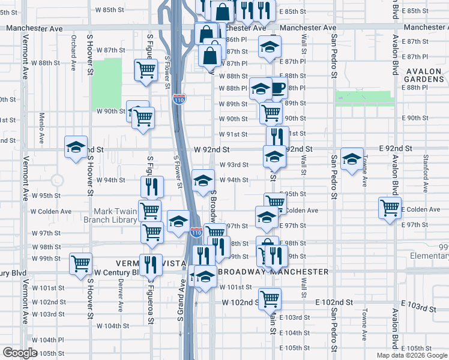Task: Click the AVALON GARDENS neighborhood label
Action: (x=424, y=76)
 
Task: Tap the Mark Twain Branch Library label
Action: (x=115, y=215)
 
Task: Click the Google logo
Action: (x=20, y=353)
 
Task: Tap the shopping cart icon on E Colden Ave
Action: (x=390, y=208)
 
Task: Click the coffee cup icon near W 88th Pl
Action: (x=277, y=88)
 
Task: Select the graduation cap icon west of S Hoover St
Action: (x=76, y=148)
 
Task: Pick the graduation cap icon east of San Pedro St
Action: (x=352, y=158)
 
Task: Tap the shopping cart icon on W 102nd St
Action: (x=270, y=298)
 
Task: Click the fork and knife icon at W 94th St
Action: (x=152, y=186)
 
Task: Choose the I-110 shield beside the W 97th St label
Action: (x=196, y=231)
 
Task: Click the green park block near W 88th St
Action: (x=107, y=83)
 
